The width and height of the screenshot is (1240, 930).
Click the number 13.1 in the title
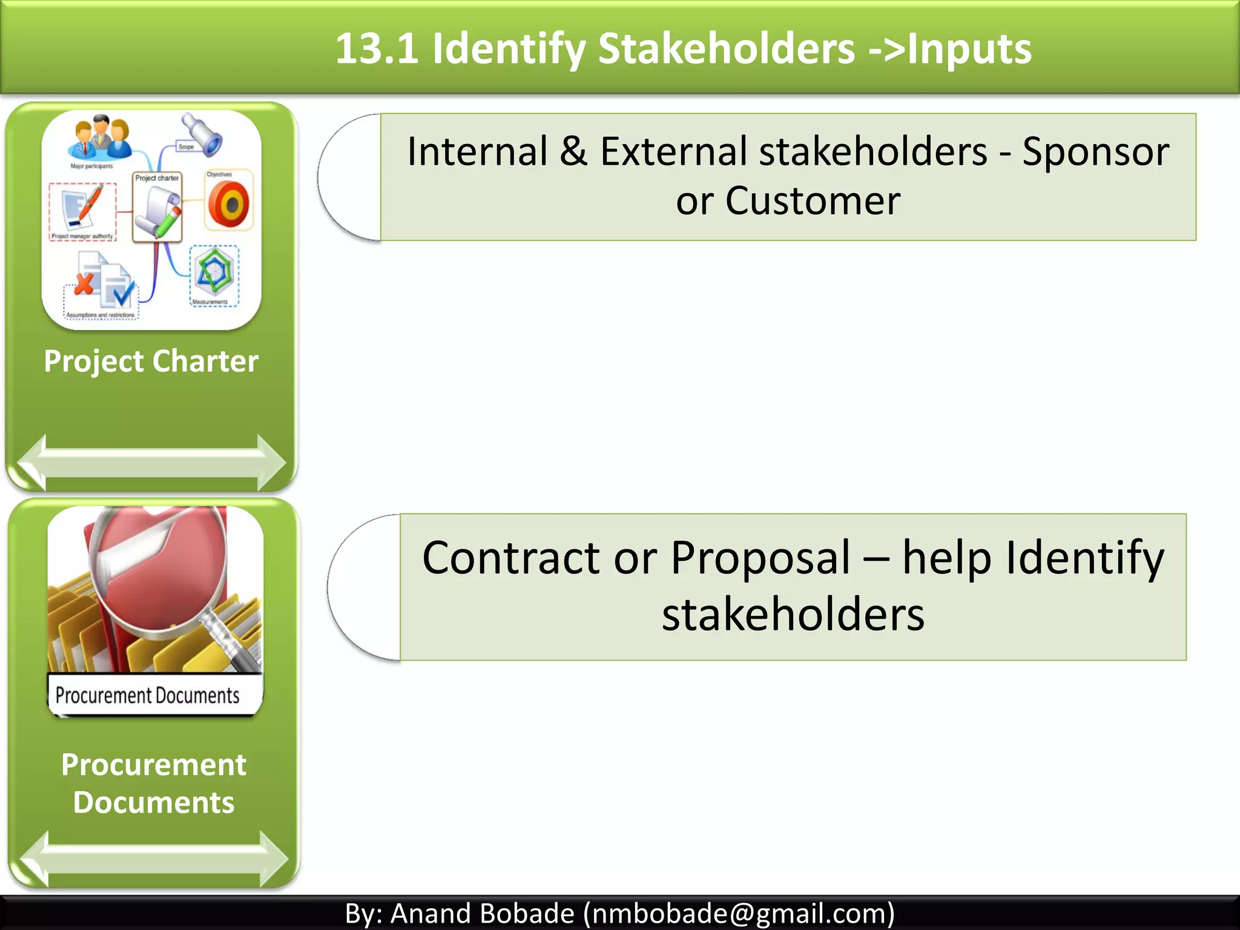(377, 48)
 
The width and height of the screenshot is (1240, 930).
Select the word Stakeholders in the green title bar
(726, 48)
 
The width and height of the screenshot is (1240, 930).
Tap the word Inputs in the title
(969, 48)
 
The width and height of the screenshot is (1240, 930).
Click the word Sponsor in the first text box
(1096, 151)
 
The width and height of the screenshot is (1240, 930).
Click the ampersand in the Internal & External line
(573, 151)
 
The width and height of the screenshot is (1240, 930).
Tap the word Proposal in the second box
(760, 558)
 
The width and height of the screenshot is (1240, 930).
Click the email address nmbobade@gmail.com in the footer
(738, 914)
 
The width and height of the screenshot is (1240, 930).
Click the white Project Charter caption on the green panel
(151, 361)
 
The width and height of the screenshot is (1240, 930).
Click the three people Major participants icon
(100, 137)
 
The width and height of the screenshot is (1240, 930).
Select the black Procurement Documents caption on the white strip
(147, 696)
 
